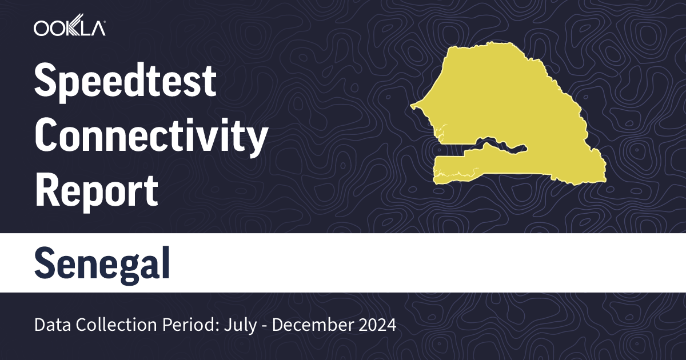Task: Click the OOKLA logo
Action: tap(69, 28)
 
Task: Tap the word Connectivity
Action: tap(151, 137)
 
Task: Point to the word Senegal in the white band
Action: tap(102, 263)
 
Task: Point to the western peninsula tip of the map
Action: tap(413, 106)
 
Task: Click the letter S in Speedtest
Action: tap(45, 82)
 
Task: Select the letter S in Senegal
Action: tap(45, 263)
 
